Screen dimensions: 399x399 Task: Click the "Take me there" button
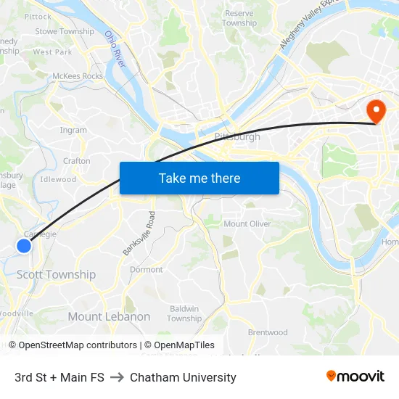tap(199, 178)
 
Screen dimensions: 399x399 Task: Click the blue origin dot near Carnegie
tap(24, 246)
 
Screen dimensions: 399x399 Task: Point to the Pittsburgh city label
tap(237, 136)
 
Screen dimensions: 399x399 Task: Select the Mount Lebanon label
tap(109, 316)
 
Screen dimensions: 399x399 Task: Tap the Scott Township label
tap(56, 274)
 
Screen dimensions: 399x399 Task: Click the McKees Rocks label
tap(78, 76)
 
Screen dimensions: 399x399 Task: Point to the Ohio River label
tap(115, 49)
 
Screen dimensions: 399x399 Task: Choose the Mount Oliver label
tap(247, 223)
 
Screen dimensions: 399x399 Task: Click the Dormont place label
tap(146, 269)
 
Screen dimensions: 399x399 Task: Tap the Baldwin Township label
tap(184, 313)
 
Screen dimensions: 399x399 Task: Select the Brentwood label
tap(268, 332)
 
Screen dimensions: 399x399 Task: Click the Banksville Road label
tap(139, 233)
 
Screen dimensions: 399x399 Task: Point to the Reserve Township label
tap(239, 18)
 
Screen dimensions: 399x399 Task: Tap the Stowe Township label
tap(65, 31)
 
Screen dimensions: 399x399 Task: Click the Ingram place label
tap(73, 131)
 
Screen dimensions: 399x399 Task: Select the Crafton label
tap(77, 161)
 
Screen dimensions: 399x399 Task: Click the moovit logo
tap(355, 376)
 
